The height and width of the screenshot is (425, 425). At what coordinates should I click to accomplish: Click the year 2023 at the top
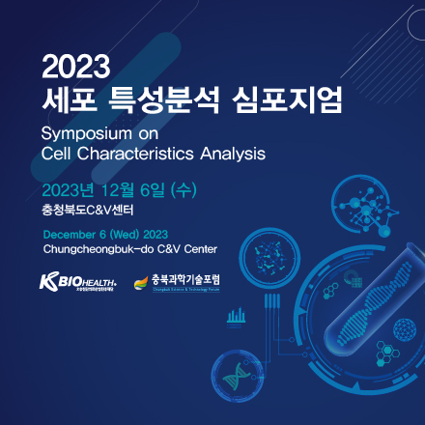[78, 67]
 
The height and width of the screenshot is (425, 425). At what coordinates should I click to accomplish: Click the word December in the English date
[72, 234]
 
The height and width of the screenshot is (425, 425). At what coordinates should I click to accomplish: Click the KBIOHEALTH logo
[76, 282]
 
